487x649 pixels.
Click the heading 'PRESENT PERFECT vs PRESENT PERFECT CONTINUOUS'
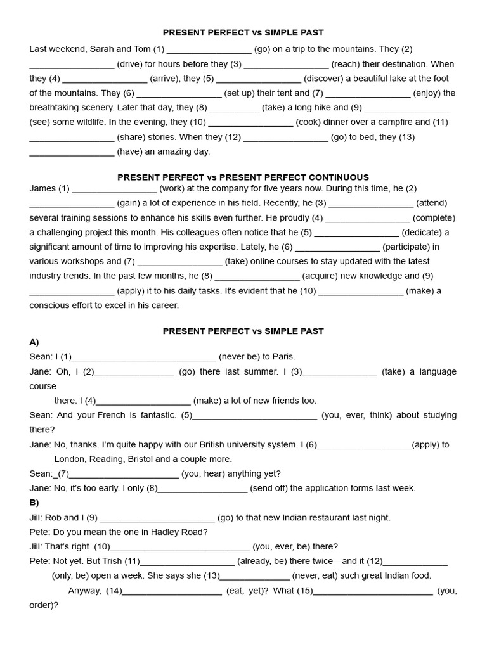pyautogui.click(x=243, y=177)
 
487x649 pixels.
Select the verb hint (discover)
pyautogui.click(x=325, y=79)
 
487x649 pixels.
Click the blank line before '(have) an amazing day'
pyautogui.click(x=72, y=153)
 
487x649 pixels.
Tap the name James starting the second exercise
pyautogui.click(x=42, y=188)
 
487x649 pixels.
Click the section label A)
pyautogui.click(x=34, y=342)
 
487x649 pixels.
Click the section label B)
pyautogui.click(x=34, y=503)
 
